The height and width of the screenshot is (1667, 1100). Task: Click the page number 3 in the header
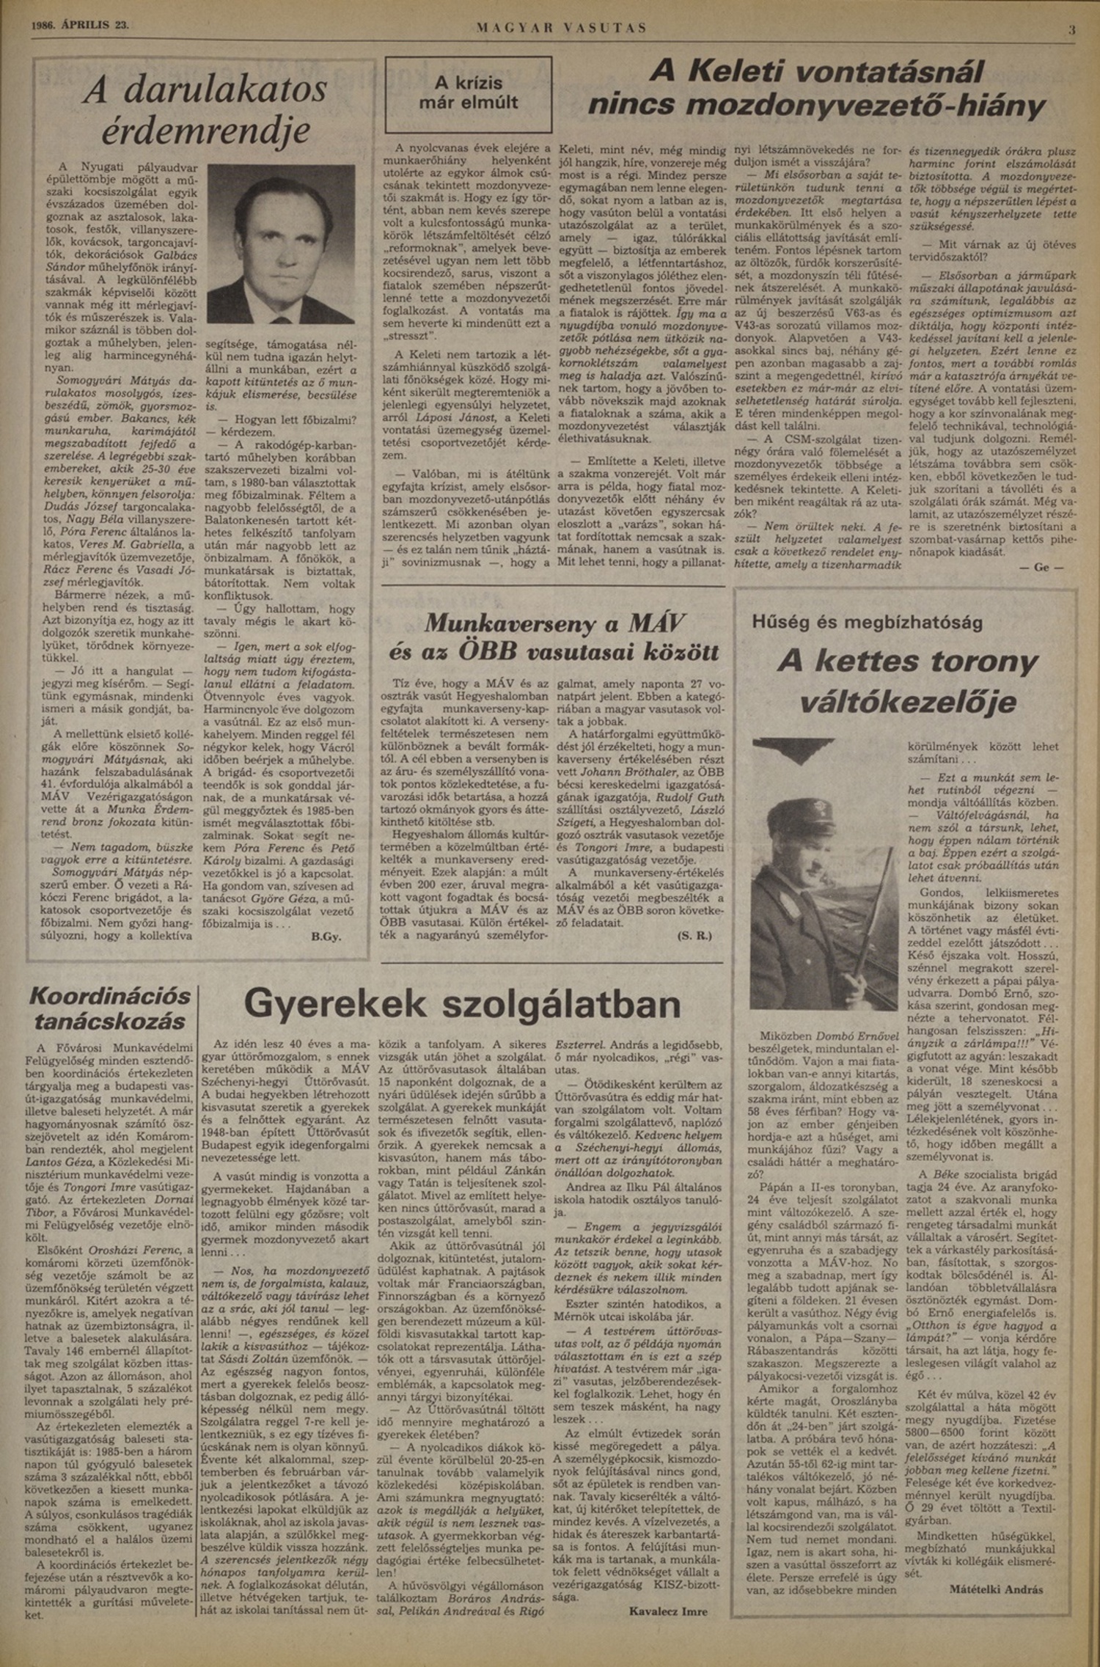click(1072, 29)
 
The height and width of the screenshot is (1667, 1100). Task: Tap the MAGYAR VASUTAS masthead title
click(562, 28)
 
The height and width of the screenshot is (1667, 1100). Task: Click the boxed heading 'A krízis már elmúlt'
click(468, 93)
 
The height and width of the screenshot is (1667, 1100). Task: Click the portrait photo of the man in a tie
click(281, 243)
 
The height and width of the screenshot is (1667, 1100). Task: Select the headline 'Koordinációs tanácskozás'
click(110, 1008)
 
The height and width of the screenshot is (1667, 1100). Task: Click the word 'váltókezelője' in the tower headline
click(907, 703)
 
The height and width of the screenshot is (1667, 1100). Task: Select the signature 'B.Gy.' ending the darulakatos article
click(327, 937)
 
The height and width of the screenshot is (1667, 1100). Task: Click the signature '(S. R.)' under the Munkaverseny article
click(693, 937)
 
